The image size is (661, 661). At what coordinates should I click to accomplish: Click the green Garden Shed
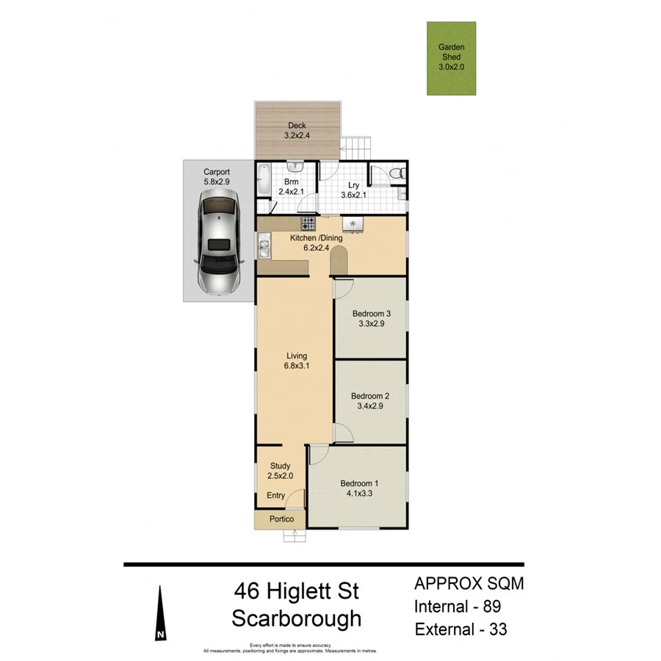click(451, 58)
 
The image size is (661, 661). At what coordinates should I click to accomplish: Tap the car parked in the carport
click(218, 242)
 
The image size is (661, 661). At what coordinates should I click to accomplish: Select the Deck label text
click(297, 126)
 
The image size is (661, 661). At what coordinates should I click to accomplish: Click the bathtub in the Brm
click(262, 178)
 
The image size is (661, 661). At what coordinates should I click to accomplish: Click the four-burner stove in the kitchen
click(308, 223)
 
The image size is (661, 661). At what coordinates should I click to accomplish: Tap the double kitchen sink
click(263, 245)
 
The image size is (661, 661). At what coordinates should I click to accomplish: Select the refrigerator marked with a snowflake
click(354, 223)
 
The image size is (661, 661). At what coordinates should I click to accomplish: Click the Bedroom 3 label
click(371, 314)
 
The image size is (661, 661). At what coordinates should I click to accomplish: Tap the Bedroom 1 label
click(359, 483)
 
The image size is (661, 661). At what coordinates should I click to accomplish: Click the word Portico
click(281, 519)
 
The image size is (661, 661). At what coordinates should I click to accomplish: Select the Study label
click(280, 466)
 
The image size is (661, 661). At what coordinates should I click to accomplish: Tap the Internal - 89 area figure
click(458, 607)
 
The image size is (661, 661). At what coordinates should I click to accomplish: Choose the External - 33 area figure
click(460, 629)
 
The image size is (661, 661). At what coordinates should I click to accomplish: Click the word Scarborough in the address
click(297, 618)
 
